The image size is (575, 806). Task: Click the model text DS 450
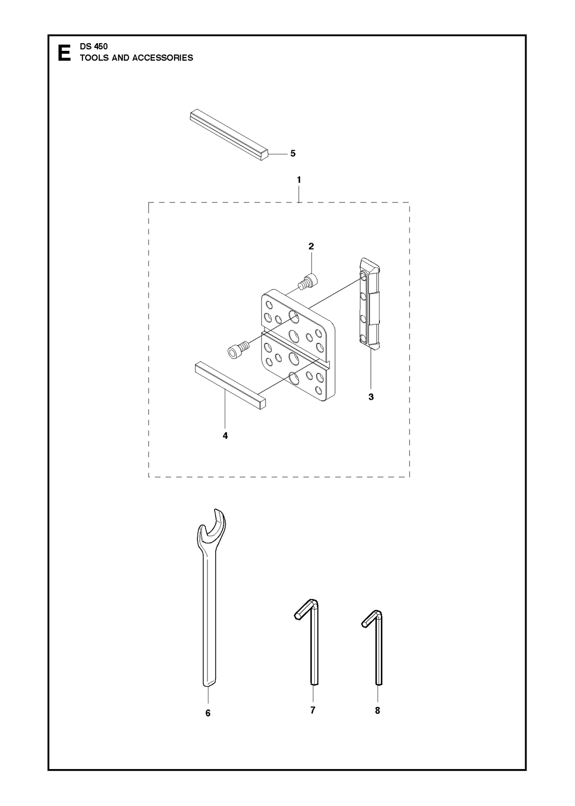(x=94, y=47)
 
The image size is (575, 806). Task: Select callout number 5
(x=293, y=153)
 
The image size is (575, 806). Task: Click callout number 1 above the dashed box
(x=299, y=180)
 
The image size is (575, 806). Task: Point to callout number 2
(x=311, y=246)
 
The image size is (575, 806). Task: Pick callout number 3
(x=371, y=397)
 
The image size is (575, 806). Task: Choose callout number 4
(x=225, y=436)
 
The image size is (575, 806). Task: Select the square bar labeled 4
(x=230, y=386)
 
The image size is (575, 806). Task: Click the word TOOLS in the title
(x=94, y=58)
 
